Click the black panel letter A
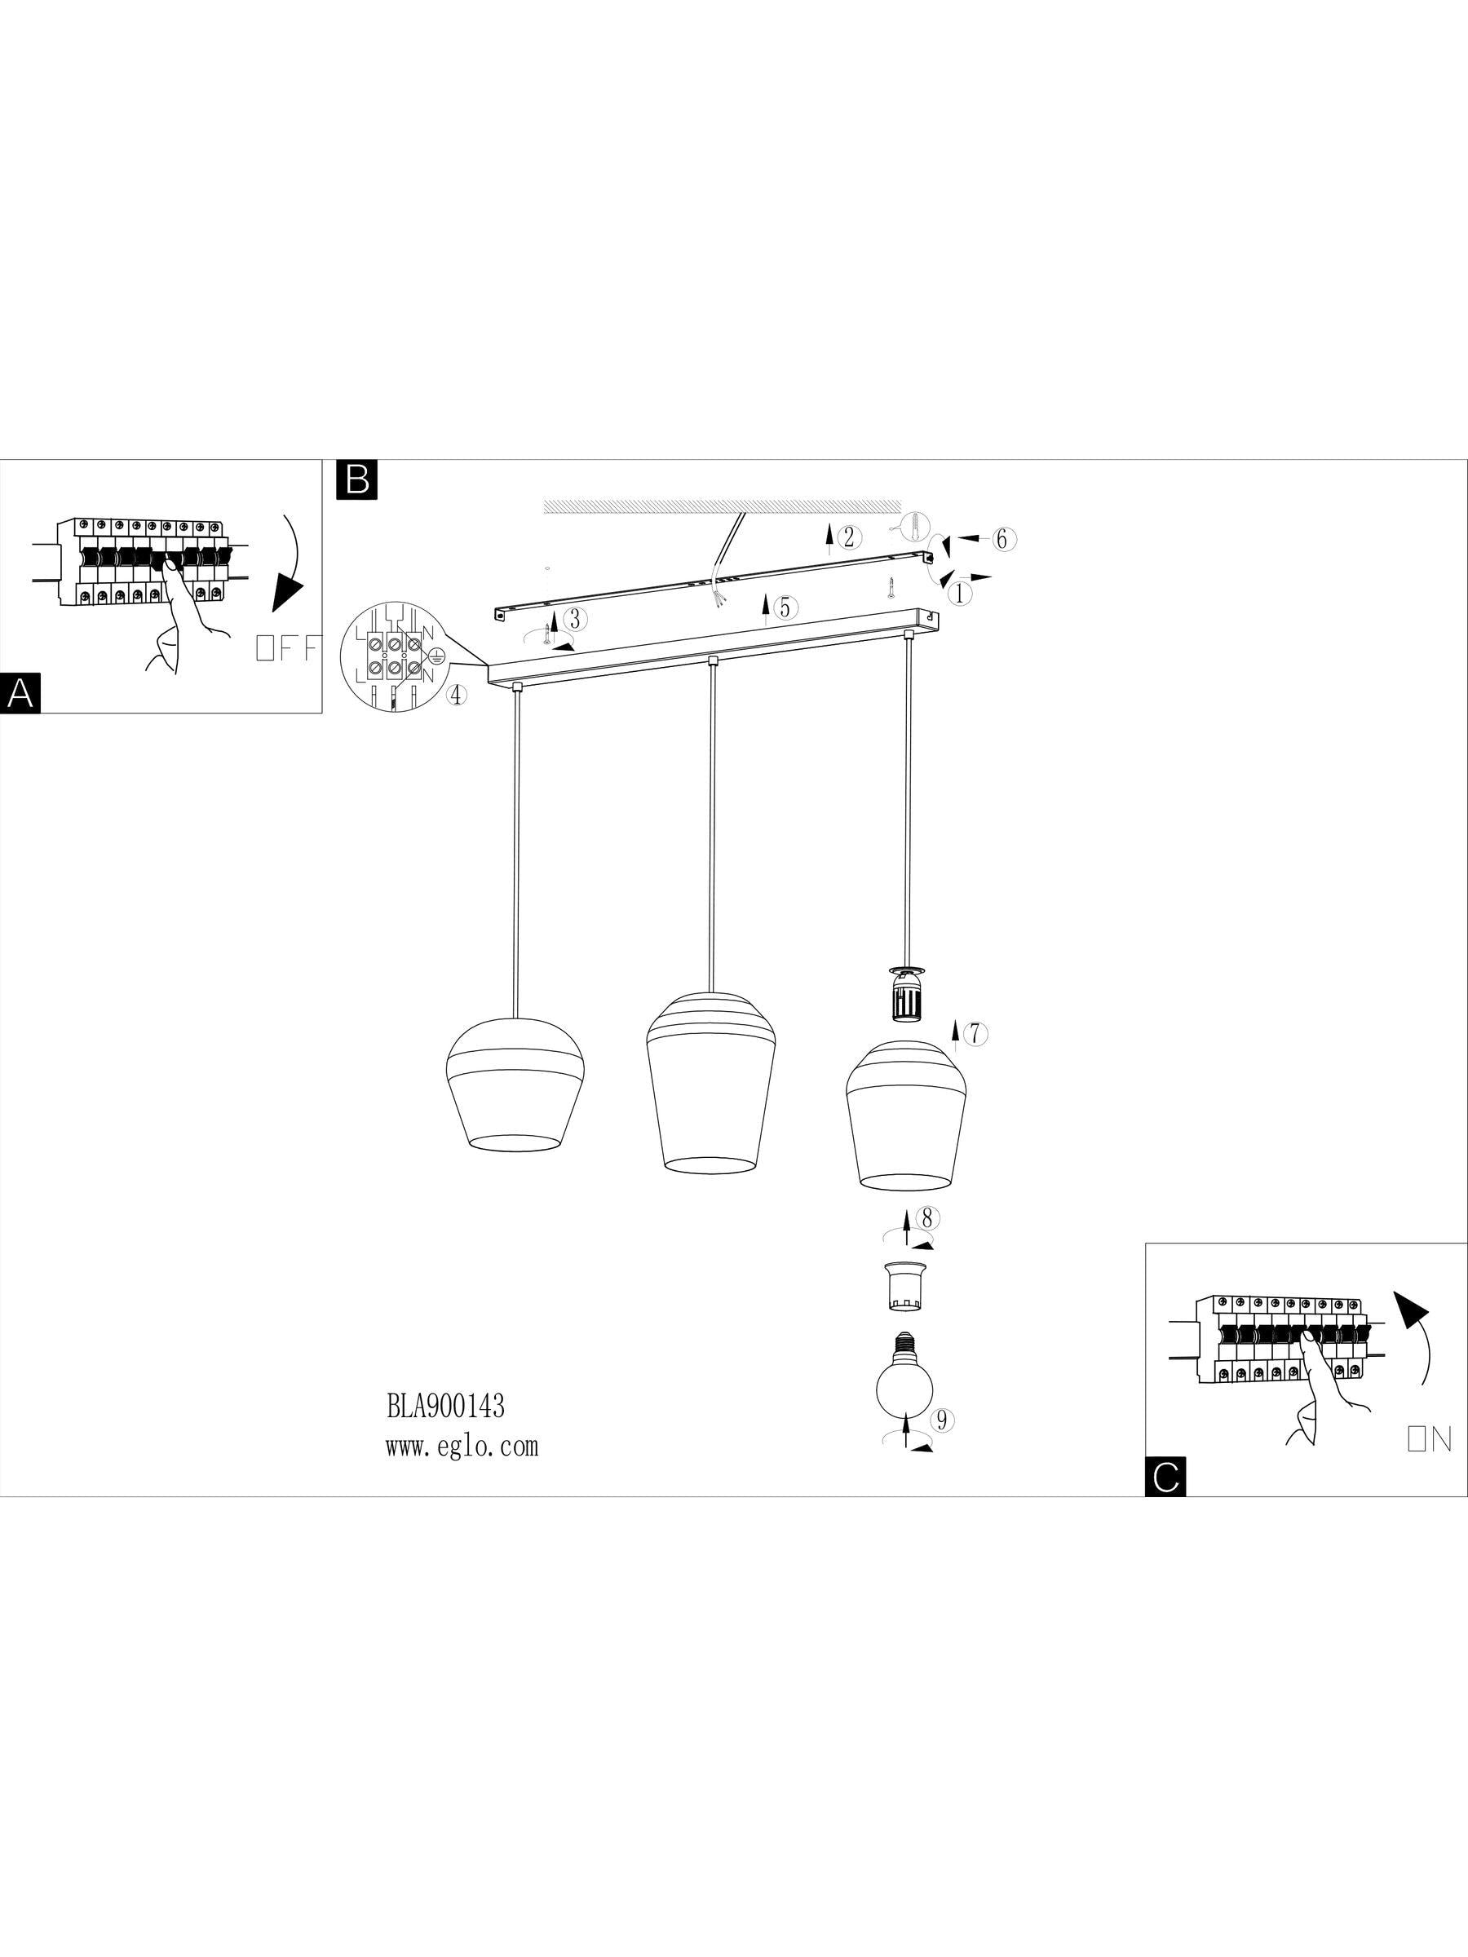click(20, 693)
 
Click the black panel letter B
click(357, 479)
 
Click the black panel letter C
click(1165, 1477)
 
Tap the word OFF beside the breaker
click(285, 648)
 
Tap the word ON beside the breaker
click(1429, 1440)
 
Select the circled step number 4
click(455, 696)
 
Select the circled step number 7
click(975, 1032)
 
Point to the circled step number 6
click(1001, 539)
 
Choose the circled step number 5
click(784, 607)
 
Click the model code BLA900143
click(445, 1406)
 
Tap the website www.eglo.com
click(462, 1447)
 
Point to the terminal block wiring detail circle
click(391, 654)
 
